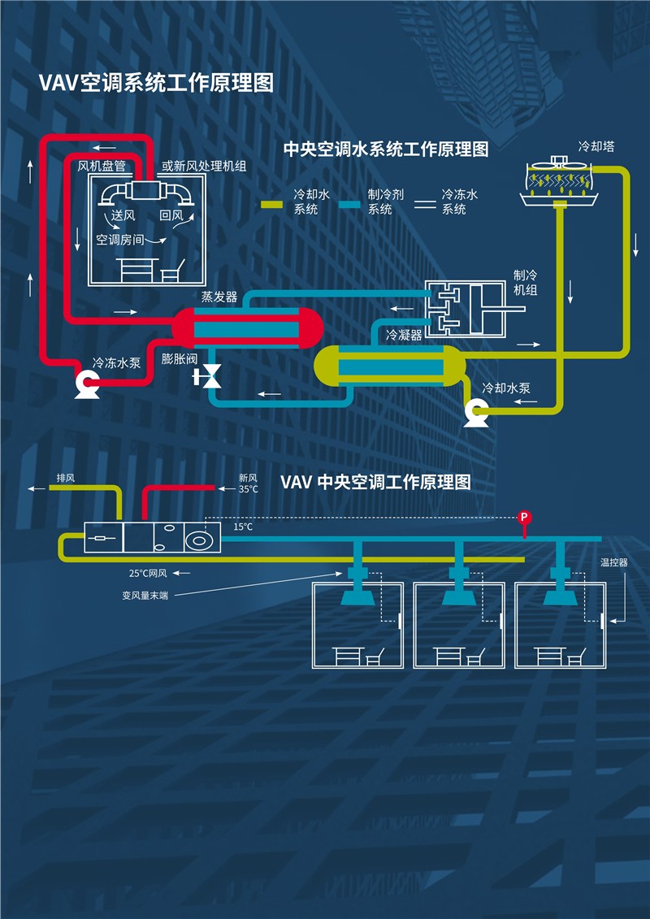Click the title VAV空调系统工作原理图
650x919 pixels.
[x=157, y=83]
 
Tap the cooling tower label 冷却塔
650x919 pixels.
[x=596, y=146]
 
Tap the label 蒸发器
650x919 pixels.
[x=219, y=297]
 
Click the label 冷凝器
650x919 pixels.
[x=404, y=336]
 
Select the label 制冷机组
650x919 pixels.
[x=526, y=282]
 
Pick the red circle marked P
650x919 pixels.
[x=525, y=517]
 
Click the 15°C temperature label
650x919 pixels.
[x=243, y=527]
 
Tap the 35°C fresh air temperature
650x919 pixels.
[x=248, y=489]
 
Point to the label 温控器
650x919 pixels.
[x=613, y=562]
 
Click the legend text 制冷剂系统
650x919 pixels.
[x=386, y=202]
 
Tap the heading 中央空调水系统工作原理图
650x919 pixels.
[x=386, y=149]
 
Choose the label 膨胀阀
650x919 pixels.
[x=180, y=359]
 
